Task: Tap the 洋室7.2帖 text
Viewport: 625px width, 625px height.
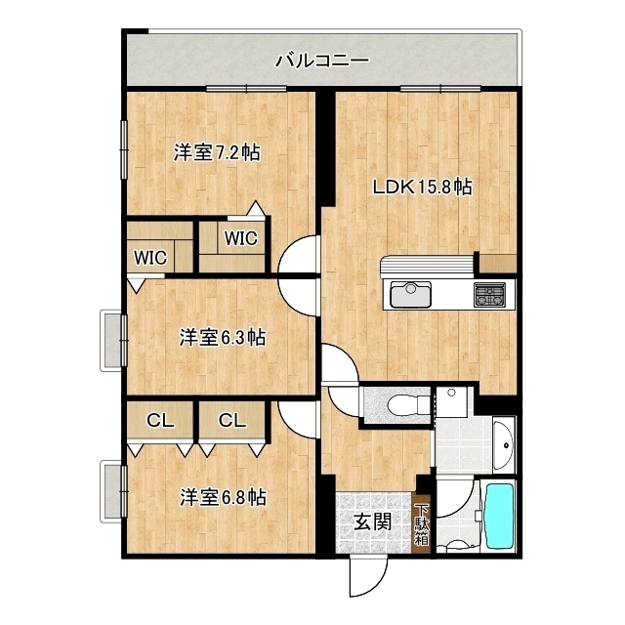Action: (x=217, y=152)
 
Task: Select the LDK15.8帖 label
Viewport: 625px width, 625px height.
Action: (x=421, y=187)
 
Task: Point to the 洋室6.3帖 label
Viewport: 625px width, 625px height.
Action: (x=223, y=338)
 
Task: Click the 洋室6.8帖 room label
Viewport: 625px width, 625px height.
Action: (x=223, y=497)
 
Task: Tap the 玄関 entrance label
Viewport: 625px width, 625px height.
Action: (x=371, y=521)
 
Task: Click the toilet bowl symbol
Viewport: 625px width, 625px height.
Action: (x=401, y=404)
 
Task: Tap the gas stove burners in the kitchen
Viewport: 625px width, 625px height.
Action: (x=490, y=294)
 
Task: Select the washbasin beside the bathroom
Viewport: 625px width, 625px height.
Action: (x=503, y=445)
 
